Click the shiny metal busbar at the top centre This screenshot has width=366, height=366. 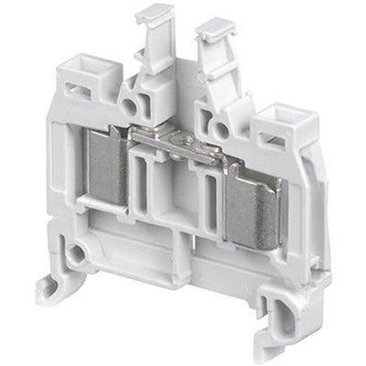175,138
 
